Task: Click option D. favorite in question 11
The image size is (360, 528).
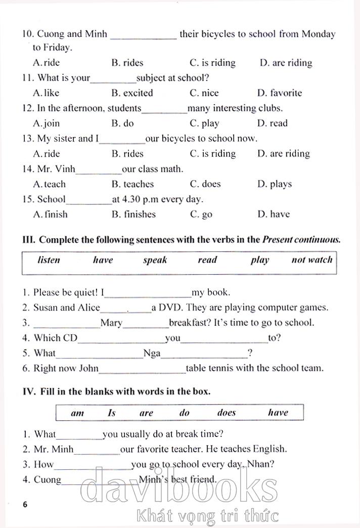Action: (279, 93)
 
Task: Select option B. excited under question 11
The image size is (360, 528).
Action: (132, 93)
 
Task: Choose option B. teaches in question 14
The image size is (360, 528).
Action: (132, 184)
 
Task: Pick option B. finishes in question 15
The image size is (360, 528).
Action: (133, 214)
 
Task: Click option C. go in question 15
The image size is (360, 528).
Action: (201, 215)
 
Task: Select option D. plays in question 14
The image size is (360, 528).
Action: (274, 184)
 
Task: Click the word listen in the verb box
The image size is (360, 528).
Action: (49, 260)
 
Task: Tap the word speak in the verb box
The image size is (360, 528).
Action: (155, 260)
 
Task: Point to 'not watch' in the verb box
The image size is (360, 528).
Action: (312, 260)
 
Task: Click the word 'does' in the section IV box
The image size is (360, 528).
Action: (227, 413)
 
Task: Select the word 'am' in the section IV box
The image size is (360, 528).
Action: (77, 413)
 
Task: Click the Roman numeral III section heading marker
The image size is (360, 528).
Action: (29, 240)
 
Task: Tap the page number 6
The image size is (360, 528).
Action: (25, 505)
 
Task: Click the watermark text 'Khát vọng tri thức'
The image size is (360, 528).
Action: (208, 516)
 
